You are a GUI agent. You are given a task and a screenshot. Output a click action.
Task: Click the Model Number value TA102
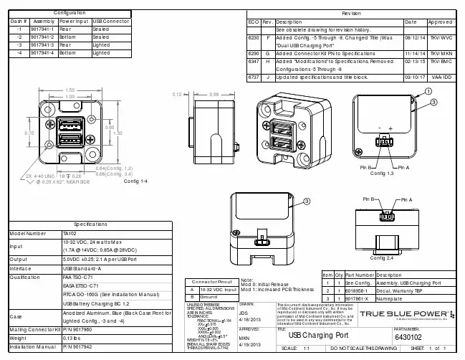coord(69,233)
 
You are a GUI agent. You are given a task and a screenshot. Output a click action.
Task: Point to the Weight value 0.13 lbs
coord(73,337)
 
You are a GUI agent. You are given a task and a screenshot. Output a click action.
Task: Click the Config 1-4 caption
coord(135,181)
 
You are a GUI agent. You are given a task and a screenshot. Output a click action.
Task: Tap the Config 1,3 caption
coord(381,174)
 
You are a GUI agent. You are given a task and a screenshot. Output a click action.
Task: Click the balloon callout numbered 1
coord(428,92)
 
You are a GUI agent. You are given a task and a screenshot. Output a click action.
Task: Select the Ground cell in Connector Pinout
coord(208,297)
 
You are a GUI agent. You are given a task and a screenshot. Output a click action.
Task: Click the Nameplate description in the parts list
coord(390,297)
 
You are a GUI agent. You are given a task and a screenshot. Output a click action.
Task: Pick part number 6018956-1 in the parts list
coord(359,290)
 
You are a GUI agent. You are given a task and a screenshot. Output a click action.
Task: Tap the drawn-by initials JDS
coord(243,313)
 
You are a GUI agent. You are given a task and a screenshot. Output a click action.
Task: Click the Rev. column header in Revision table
coord(268,22)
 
